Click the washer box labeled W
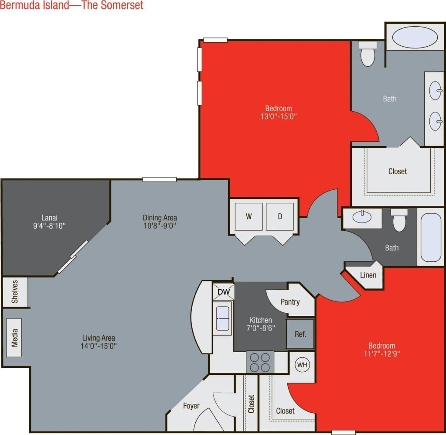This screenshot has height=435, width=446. click(x=249, y=216)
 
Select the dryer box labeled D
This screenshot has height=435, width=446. click(x=280, y=216)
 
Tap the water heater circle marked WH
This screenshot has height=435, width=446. click(x=302, y=364)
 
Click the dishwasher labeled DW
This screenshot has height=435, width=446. click(x=223, y=291)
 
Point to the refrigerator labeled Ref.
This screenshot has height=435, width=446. click(x=300, y=334)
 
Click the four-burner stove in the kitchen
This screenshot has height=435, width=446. click(x=260, y=362)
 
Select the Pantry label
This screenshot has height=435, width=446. click(x=290, y=301)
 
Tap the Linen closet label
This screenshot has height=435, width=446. click(x=368, y=275)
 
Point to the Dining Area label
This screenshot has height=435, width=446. click(x=160, y=217)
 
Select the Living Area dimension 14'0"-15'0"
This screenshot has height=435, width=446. click(x=99, y=346)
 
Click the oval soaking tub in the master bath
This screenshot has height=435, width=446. click(x=415, y=38)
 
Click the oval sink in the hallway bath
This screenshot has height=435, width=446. click(x=361, y=217)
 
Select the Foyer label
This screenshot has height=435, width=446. click(x=191, y=406)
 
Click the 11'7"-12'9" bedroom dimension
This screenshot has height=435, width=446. click(x=381, y=354)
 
